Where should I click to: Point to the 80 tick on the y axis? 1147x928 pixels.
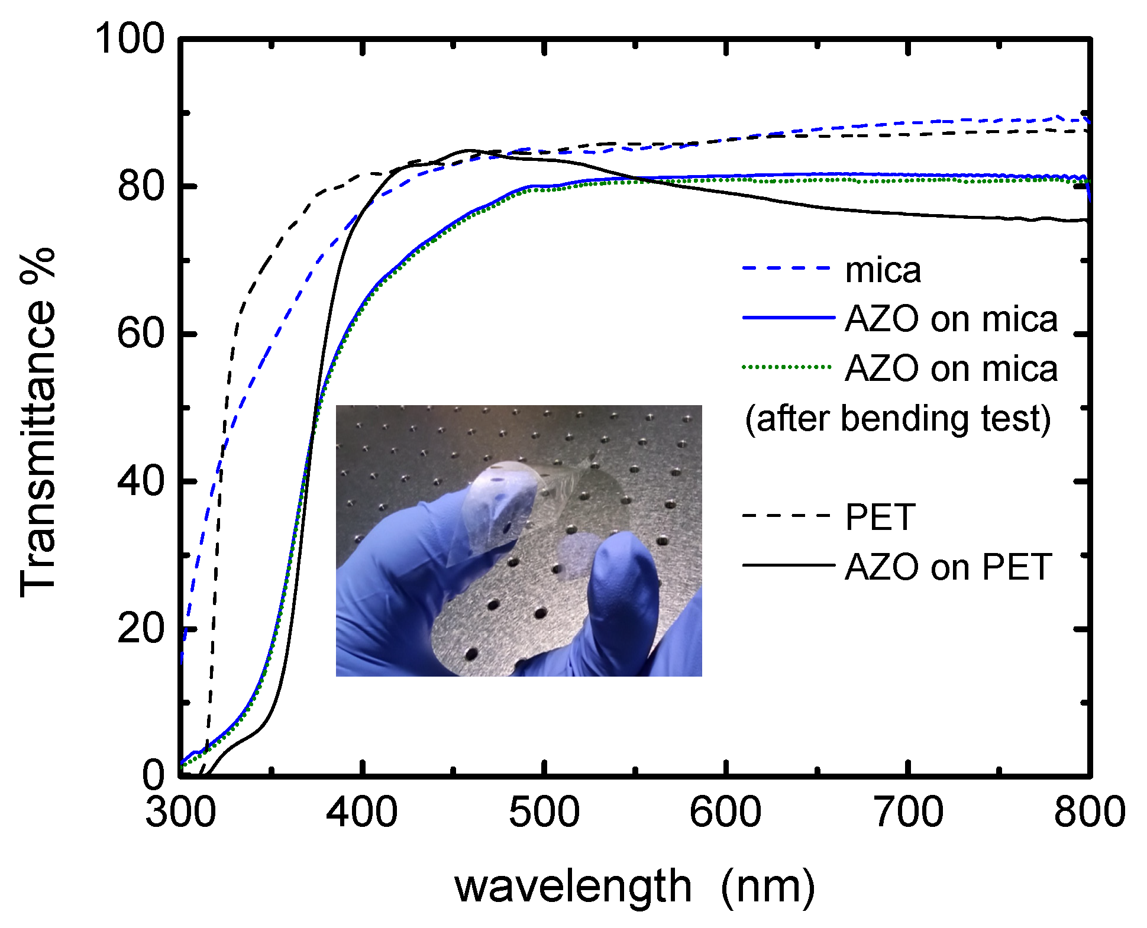[140, 186]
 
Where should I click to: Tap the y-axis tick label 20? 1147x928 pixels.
[140, 628]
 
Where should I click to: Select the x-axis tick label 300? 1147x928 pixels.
[180, 811]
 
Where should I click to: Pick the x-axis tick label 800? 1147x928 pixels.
[1089, 811]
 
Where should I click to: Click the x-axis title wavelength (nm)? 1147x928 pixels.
[634, 887]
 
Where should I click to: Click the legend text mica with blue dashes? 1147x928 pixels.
[883, 270]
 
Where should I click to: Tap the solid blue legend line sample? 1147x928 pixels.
[788, 318]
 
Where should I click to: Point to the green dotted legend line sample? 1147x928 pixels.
[788, 367]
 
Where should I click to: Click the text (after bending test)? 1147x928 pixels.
[897, 418]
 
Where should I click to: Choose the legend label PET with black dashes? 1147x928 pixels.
[880, 517]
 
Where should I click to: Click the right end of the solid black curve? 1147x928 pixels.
[1086, 221]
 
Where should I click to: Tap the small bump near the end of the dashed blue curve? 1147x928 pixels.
[1057, 117]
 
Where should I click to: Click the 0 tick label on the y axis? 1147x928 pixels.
[153, 775]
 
